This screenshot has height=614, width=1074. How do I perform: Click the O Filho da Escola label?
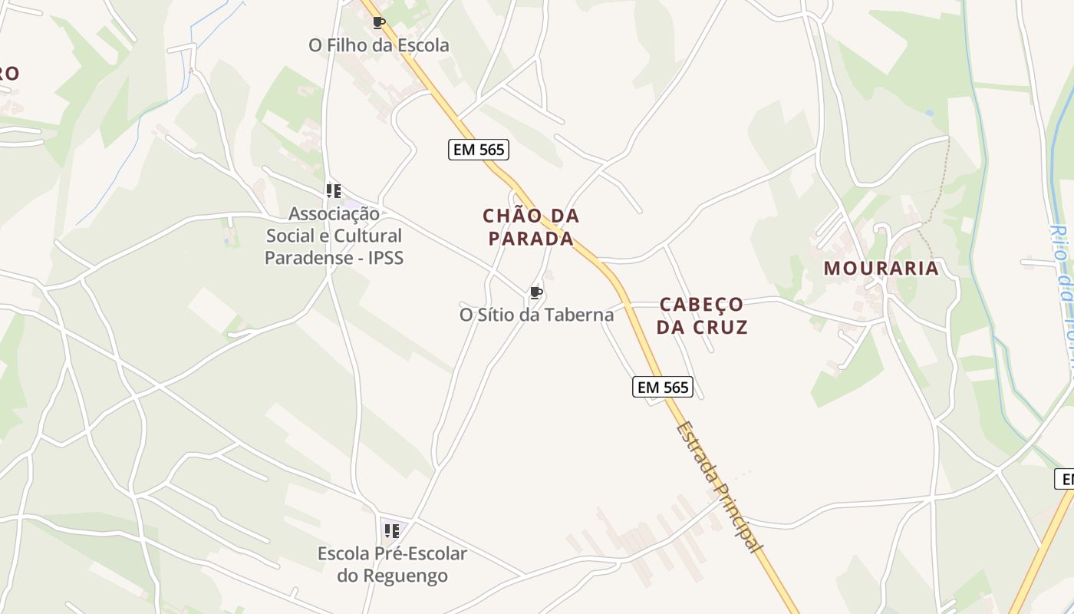point(378,45)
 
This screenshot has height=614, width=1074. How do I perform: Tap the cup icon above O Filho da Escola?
point(378,22)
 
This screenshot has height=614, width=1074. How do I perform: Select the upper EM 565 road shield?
point(479,150)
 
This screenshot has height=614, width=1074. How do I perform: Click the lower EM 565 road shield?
point(663,388)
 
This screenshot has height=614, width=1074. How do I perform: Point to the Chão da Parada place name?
point(531,226)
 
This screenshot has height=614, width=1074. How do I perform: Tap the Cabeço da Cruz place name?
point(702,315)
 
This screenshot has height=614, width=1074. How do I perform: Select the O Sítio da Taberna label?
point(536,315)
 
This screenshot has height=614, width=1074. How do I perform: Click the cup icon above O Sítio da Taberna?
point(536,292)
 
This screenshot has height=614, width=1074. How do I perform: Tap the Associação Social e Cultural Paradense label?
point(334,236)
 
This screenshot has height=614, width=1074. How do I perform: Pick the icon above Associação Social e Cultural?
point(333,190)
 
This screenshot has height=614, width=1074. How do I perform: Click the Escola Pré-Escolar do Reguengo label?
point(392,564)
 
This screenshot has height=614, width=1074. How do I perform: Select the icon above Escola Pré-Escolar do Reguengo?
point(392,530)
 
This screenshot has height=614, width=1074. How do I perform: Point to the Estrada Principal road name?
point(720,487)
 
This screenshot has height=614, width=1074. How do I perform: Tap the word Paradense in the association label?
point(304,258)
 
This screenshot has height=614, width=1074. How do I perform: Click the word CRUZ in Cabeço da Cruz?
point(719,327)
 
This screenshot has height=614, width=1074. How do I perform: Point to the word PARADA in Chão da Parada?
point(531,239)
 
